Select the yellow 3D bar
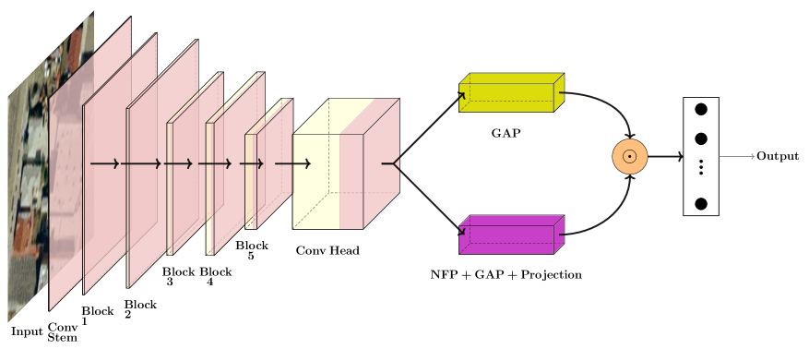506,97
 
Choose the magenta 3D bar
506,239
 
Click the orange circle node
630,157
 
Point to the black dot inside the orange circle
630,157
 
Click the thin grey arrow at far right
737,157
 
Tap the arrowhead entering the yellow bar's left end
462,95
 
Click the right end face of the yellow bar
559,92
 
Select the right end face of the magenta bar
559,235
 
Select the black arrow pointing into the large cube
293,164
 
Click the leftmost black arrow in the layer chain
105,164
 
